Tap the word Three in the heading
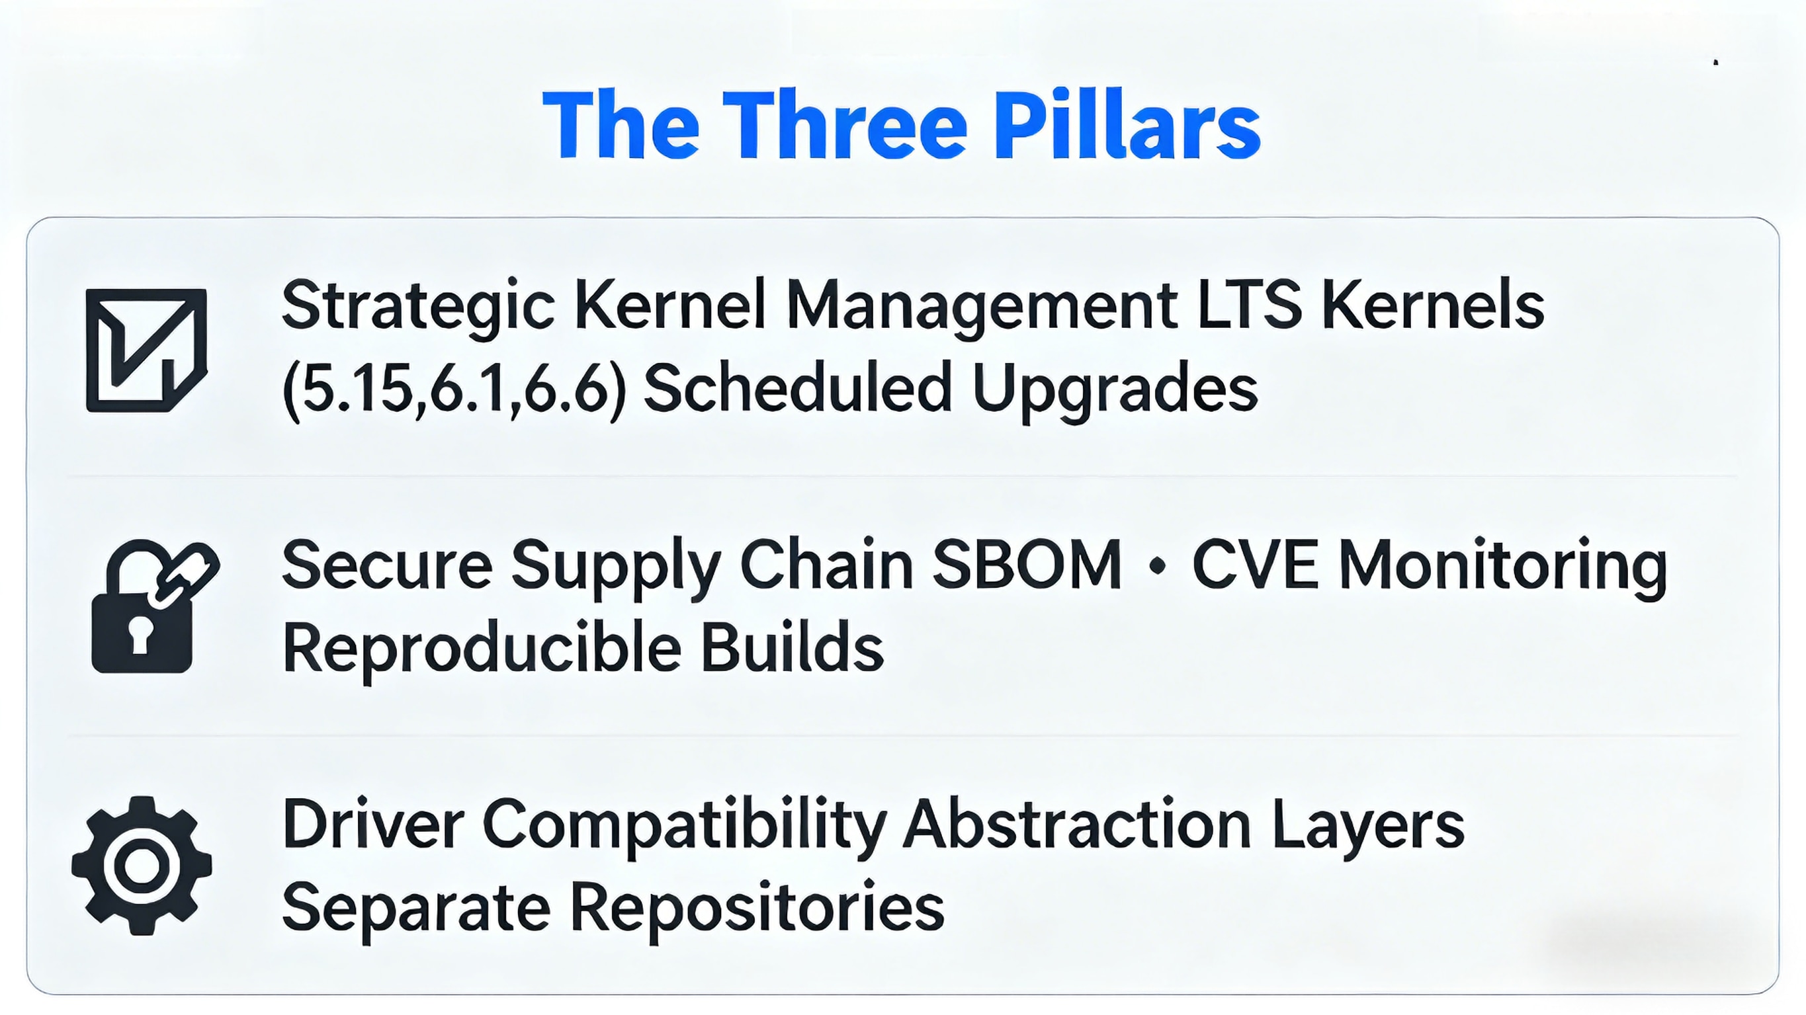pyautogui.click(x=845, y=125)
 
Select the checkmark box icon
pyautogui.click(x=146, y=350)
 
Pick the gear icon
pyautogui.click(x=142, y=865)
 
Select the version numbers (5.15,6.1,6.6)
pyautogui.click(x=454, y=389)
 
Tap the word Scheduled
pyautogui.click(x=798, y=387)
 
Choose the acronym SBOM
pyautogui.click(x=1027, y=565)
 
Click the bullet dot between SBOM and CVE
pyautogui.click(x=1158, y=565)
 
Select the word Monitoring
pyautogui.click(x=1503, y=569)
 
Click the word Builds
pyautogui.click(x=793, y=646)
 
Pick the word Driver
pyautogui.click(x=374, y=825)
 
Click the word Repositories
pyautogui.click(x=757, y=909)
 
